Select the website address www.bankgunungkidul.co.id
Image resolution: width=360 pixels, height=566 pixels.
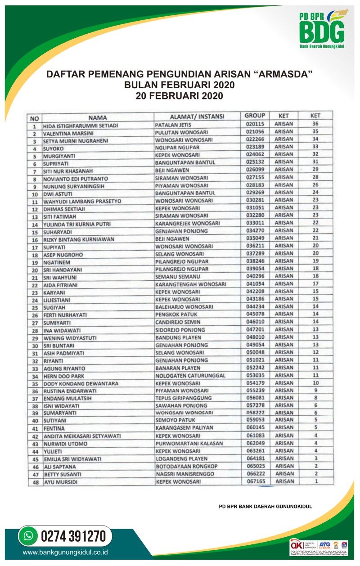[68, 553]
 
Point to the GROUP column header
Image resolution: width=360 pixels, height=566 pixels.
[255, 116]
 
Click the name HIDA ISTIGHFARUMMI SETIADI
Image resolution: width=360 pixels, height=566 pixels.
[81, 126]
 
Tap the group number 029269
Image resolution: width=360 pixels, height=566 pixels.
[255, 192]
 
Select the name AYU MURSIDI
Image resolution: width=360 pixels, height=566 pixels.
[59, 483]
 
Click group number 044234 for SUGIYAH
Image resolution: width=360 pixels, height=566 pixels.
[255, 306]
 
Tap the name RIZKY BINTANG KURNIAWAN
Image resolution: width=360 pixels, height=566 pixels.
[79, 239]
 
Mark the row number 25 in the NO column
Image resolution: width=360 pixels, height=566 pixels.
[34, 308]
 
